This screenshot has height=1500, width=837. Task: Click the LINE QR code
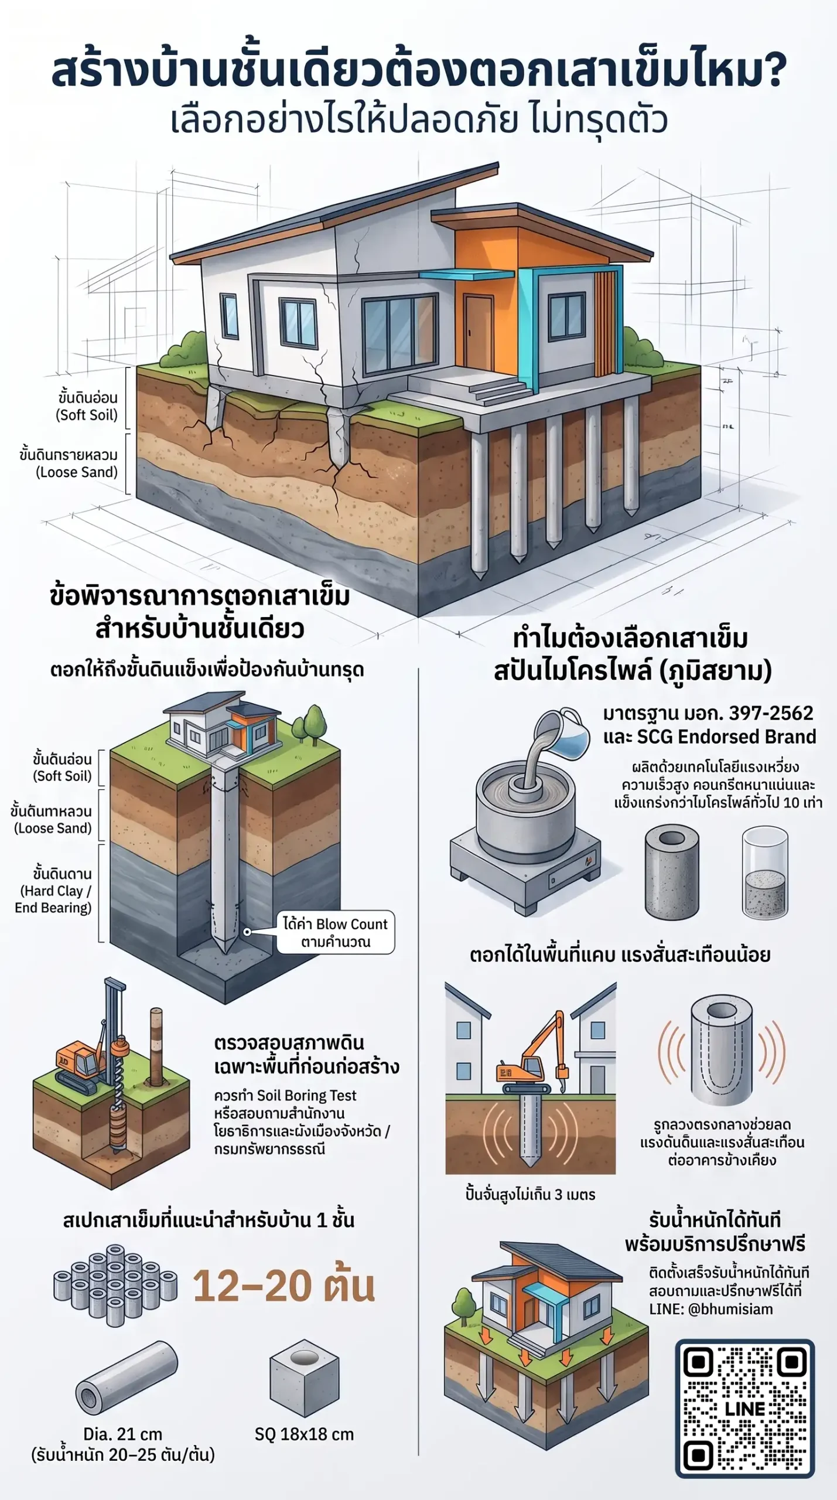click(x=744, y=1408)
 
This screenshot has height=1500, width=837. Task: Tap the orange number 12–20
click(x=252, y=1286)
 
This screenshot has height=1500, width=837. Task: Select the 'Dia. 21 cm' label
click(x=122, y=1434)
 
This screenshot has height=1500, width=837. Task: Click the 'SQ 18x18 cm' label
click(x=304, y=1434)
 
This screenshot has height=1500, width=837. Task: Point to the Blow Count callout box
click(x=336, y=932)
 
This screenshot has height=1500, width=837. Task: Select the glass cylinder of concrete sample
click(x=764, y=872)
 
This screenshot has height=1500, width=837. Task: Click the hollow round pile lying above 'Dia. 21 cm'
click(x=126, y=1378)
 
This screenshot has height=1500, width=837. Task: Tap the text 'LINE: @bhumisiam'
click(x=710, y=1309)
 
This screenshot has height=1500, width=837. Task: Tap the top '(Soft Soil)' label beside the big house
click(x=87, y=415)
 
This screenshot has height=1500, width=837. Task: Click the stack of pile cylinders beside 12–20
click(x=115, y=1286)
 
